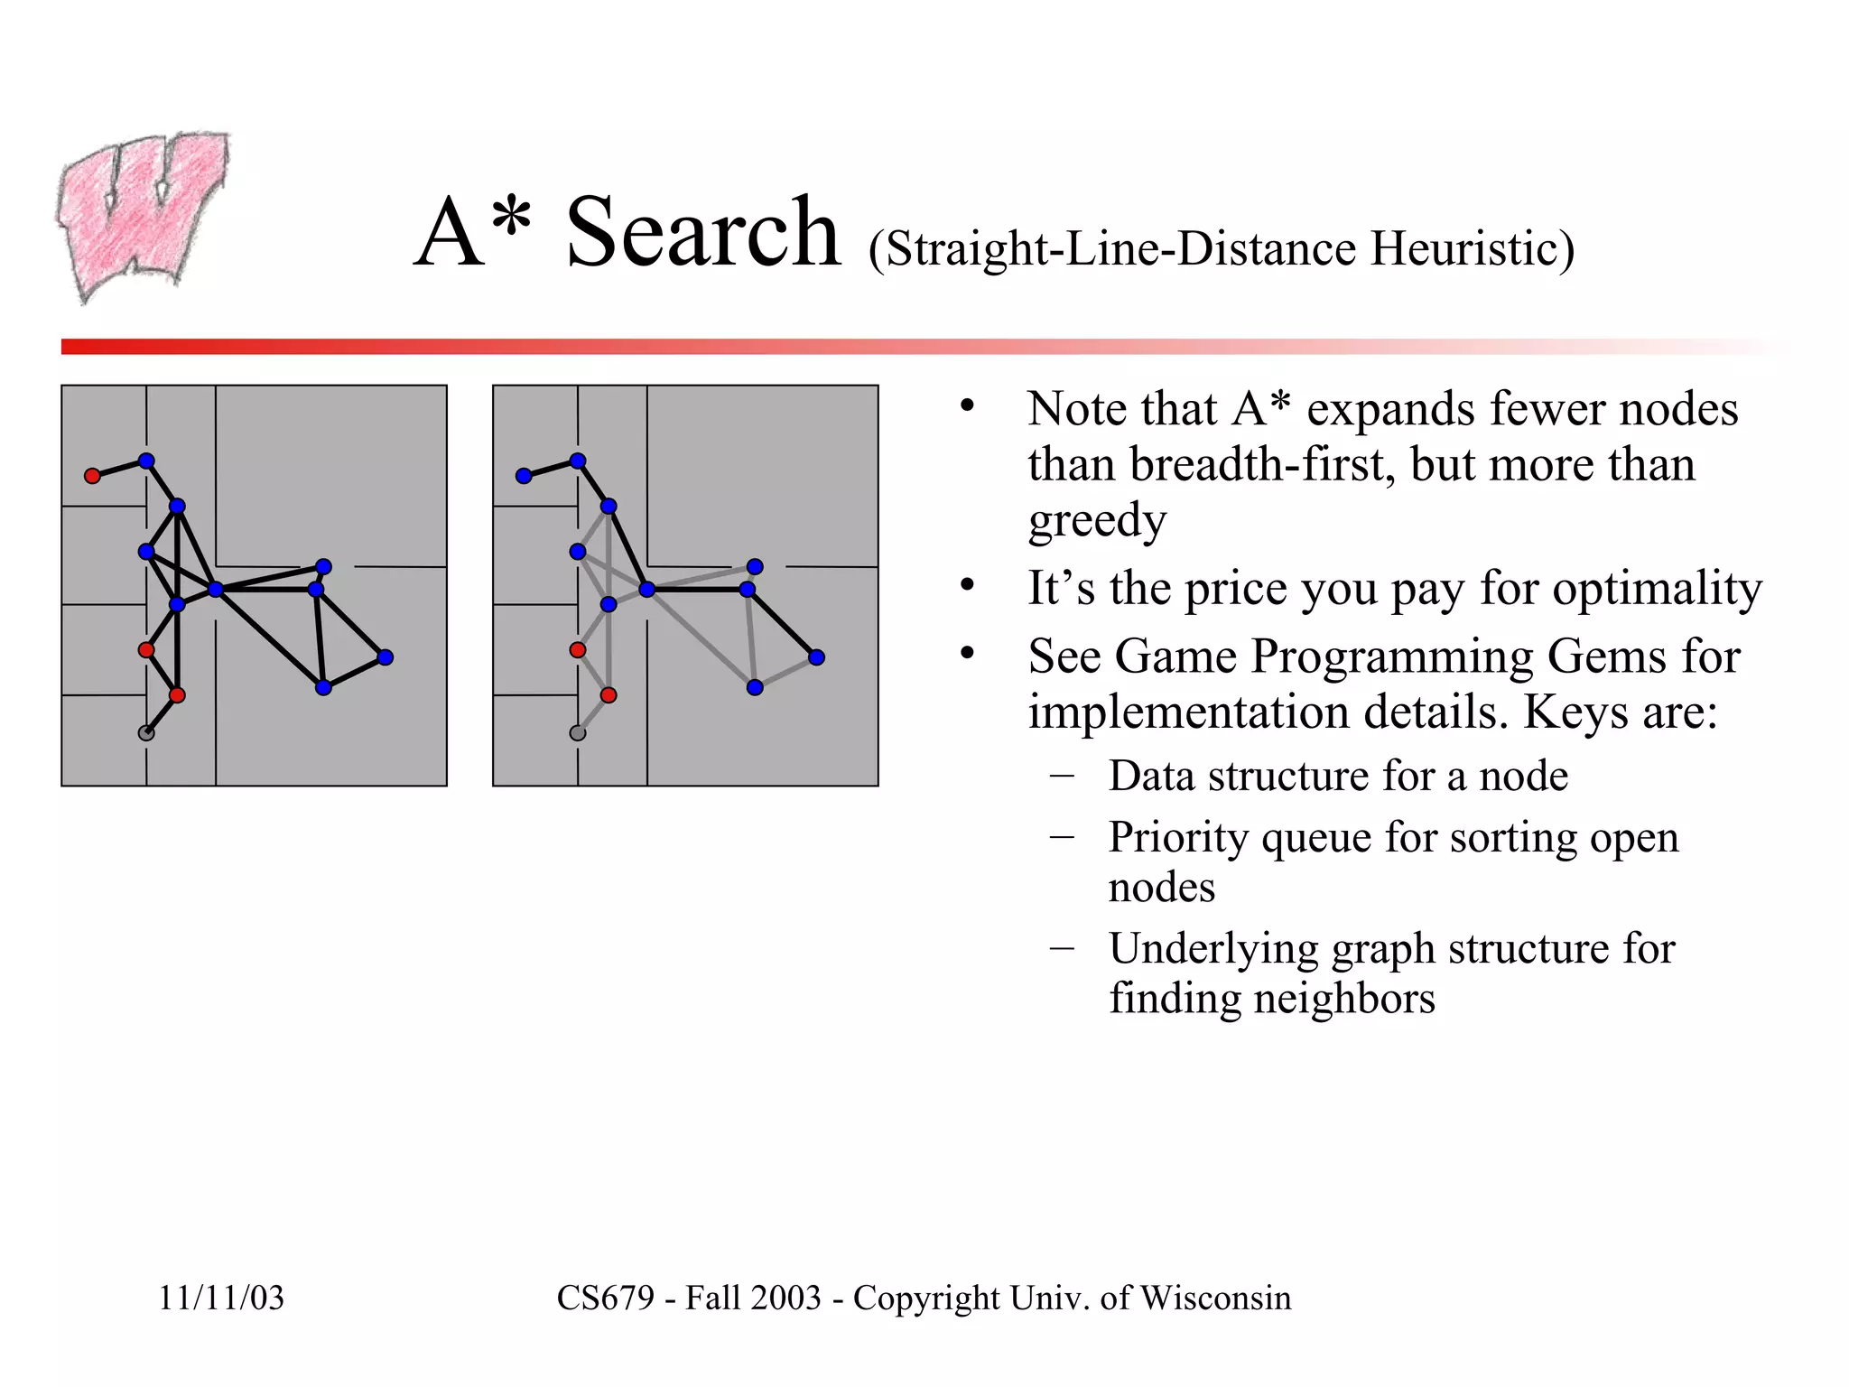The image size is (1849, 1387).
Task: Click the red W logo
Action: tap(143, 217)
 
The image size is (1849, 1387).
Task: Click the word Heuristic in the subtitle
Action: tap(1472, 249)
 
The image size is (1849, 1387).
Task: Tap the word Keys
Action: tap(1576, 712)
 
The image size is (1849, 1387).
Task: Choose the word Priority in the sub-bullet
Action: tap(1178, 838)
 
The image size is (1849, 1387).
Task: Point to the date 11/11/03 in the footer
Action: tap(221, 1299)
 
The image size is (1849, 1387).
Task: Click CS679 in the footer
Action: tap(605, 1299)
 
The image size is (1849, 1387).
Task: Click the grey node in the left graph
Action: tap(146, 733)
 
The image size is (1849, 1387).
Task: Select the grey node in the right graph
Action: tap(578, 733)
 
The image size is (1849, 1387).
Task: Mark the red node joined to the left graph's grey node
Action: tap(177, 695)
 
